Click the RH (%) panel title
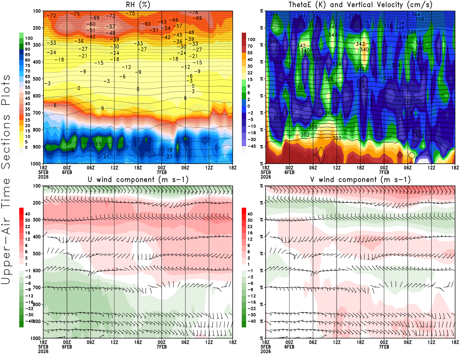point(138,5)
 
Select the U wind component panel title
point(138,179)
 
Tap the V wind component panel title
point(360,179)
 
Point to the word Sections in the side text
point(6,142)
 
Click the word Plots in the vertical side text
point(6,90)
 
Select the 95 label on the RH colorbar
point(27,44)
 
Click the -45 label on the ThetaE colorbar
point(251,146)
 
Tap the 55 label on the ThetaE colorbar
point(250,53)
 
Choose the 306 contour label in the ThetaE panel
point(313,127)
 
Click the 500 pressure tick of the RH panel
point(37,79)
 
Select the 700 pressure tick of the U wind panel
point(37,287)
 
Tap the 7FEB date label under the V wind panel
point(384,347)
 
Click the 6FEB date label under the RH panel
point(67,172)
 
